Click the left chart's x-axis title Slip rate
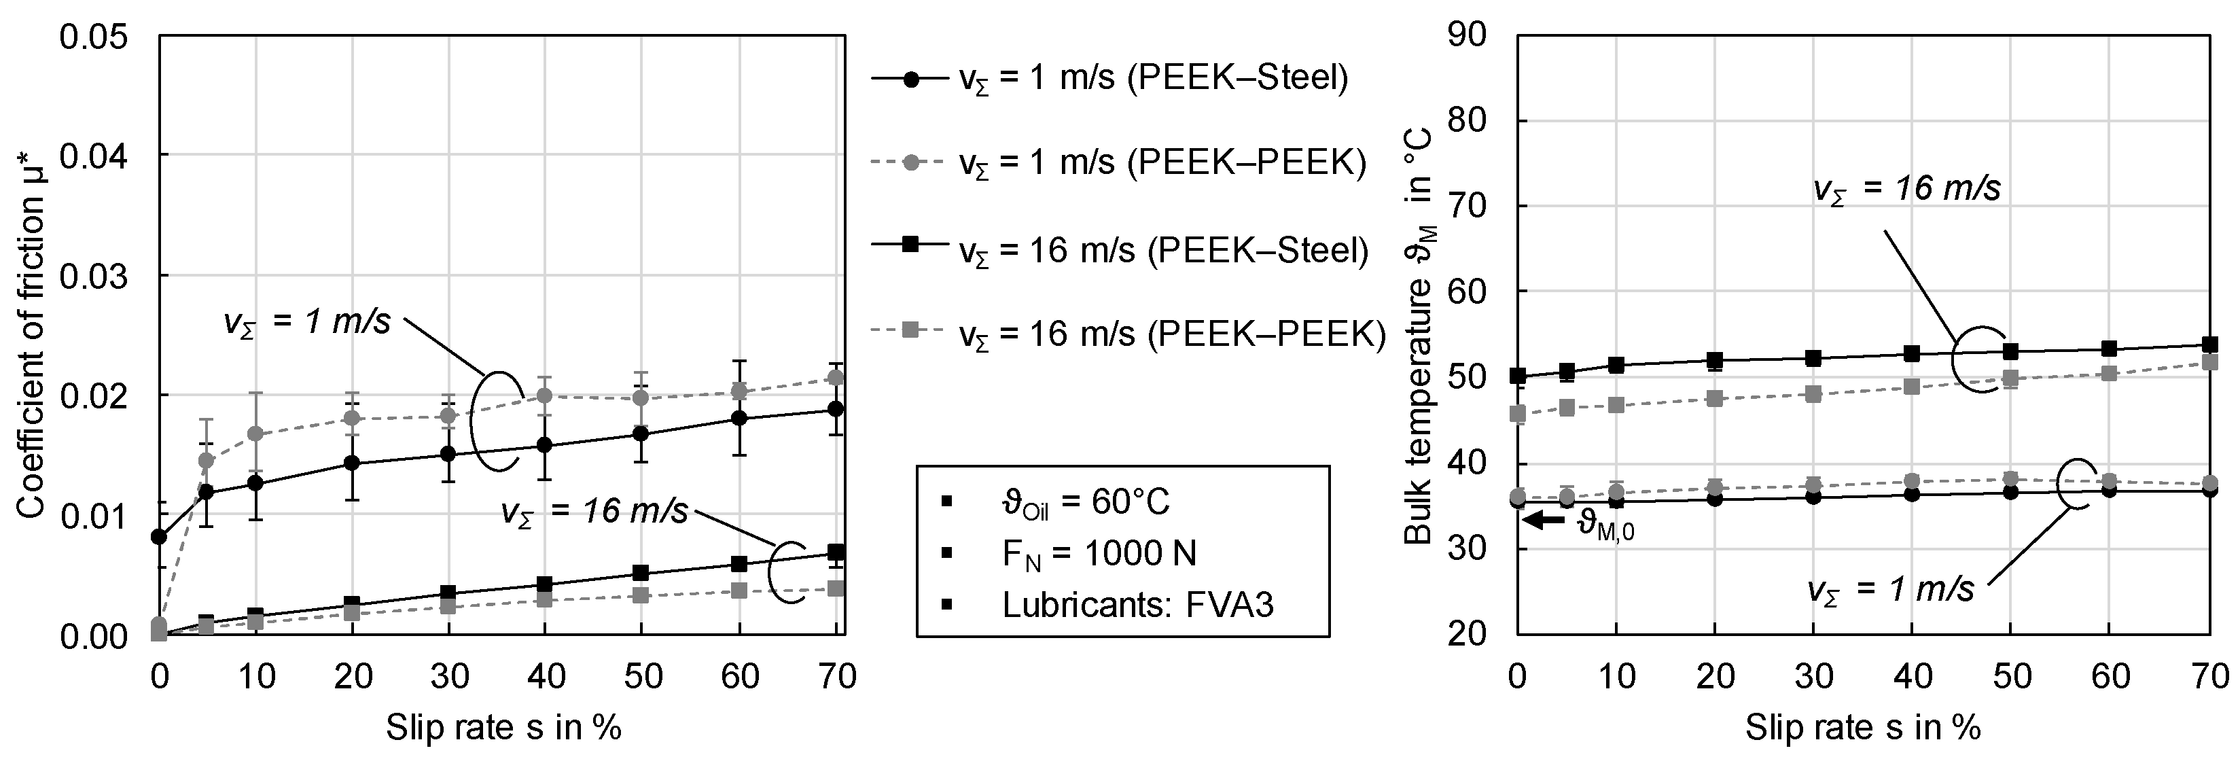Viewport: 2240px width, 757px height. pyautogui.click(x=503, y=727)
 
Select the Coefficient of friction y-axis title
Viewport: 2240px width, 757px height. pyautogui.click(x=31, y=335)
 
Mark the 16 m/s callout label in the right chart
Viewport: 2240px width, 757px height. pyautogui.click(x=1907, y=190)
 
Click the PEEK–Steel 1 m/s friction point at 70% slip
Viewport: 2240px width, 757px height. pyautogui.click(x=836, y=409)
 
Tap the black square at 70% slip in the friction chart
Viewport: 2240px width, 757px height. pyautogui.click(x=836, y=552)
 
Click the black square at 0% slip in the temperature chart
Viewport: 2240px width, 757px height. pyautogui.click(x=1518, y=376)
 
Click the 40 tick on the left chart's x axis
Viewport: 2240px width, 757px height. pyautogui.click(x=546, y=677)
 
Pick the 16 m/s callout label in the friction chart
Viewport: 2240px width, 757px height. pyautogui.click(x=594, y=512)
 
